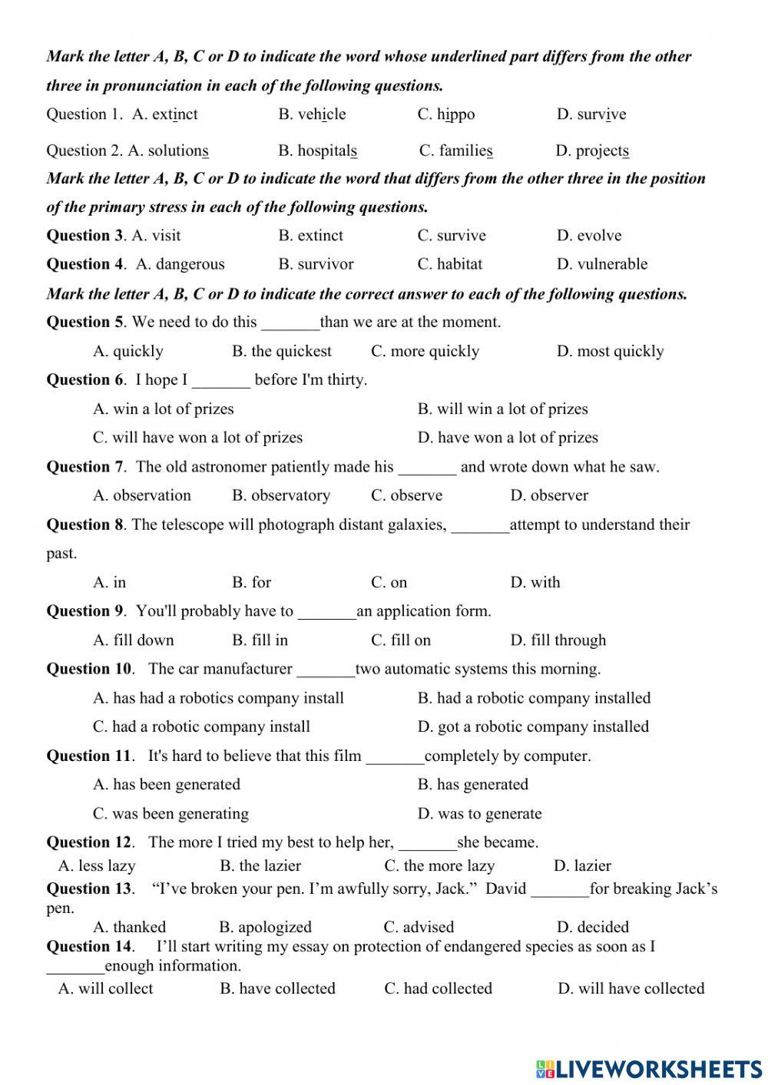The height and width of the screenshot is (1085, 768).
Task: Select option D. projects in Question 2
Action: point(592,151)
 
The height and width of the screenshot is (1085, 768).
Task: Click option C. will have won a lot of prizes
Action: point(197,438)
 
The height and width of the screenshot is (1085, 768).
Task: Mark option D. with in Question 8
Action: point(535,582)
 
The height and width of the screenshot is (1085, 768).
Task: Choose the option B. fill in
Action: point(260,640)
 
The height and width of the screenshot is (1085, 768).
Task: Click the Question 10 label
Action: point(89,669)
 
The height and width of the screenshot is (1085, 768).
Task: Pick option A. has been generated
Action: point(167,784)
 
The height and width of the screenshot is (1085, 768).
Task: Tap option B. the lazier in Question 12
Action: point(260,865)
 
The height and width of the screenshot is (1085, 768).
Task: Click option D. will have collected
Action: point(631,988)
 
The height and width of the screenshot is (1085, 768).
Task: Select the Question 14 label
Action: point(89,946)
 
